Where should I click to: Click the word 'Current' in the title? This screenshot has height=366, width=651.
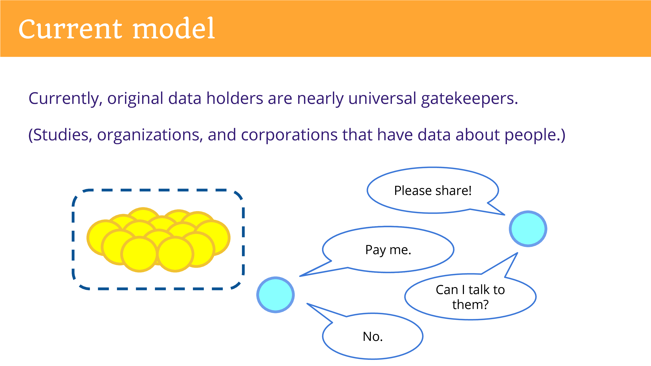coord(71,29)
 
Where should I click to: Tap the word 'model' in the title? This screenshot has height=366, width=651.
coord(174,28)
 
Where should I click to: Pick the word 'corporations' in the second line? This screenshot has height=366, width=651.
coord(289,135)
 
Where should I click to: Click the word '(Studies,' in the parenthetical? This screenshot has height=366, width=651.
coord(60,135)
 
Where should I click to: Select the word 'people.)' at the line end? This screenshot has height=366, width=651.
coord(535,135)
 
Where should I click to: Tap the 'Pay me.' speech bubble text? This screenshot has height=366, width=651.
coord(388,250)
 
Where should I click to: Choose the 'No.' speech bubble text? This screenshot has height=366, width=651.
coord(373,337)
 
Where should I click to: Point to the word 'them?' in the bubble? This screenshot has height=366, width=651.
coord(470,305)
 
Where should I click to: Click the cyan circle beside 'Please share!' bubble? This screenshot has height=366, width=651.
coord(528,229)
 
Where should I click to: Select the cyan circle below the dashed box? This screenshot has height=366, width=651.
coord(275,295)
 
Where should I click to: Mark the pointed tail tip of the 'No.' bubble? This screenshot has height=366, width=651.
coord(307,304)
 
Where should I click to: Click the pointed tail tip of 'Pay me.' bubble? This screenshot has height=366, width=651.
coord(300,276)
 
